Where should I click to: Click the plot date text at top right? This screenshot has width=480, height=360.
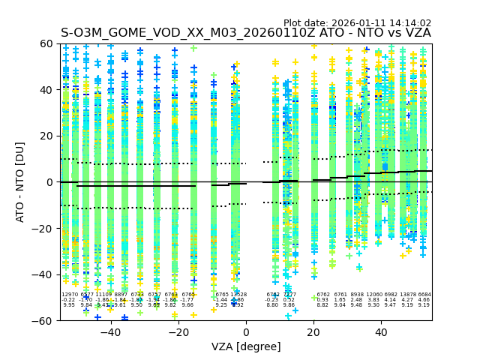click(357, 23)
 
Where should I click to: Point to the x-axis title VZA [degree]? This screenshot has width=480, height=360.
click(246, 346)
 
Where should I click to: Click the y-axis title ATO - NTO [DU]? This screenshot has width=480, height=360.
click(20, 182)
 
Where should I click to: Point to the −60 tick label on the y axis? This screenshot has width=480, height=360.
click(45, 321)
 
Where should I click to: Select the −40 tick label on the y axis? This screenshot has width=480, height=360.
click(45, 274)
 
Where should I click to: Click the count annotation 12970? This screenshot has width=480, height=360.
click(69, 295)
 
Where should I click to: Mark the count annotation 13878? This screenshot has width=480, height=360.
click(408, 295)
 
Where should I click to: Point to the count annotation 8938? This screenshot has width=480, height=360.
click(357, 295)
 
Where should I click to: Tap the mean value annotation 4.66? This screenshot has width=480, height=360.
click(424, 300)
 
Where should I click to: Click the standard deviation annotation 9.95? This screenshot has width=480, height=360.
click(69, 305)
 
